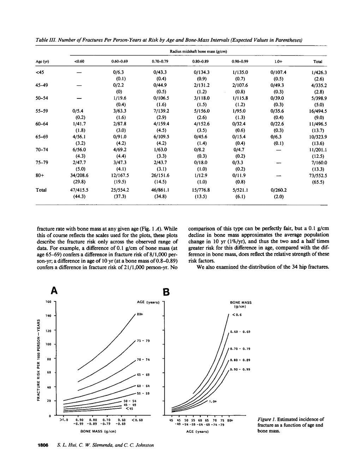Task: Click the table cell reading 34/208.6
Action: point(79,175)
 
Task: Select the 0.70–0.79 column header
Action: point(160,61)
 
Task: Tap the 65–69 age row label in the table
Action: point(42,137)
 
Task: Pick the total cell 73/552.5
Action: point(317,175)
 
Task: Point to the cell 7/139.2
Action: point(160,111)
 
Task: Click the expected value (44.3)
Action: point(79,196)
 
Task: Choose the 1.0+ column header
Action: point(278,61)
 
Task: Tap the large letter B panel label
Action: point(166,292)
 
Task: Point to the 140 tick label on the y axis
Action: point(48,316)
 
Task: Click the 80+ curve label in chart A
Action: point(140,314)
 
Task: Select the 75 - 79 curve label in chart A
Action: point(143,341)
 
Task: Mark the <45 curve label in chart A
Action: point(130,408)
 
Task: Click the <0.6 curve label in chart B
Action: point(237,315)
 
